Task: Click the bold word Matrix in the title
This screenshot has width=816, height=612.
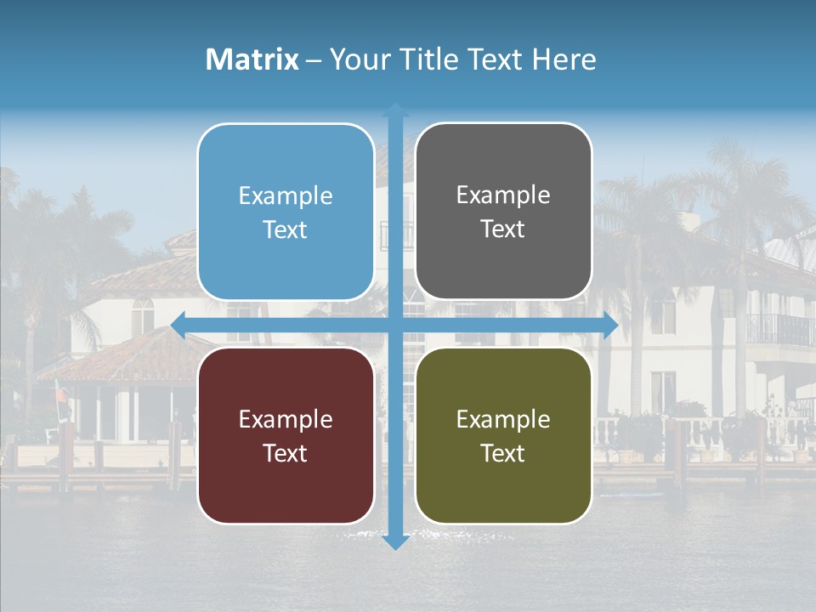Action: click(252, 59)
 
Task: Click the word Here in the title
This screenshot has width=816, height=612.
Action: click(564, 59)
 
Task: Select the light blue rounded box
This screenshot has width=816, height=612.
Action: click(286, 212)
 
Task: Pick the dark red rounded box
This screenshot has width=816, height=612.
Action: click(286, 435)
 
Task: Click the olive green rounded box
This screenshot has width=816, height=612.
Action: click(503, 435)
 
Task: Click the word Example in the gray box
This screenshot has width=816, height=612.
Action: click(503, 195)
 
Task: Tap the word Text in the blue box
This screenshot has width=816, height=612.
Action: click(286, 229)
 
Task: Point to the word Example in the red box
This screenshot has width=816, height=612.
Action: click(286, 419)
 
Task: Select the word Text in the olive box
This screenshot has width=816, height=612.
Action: click(503, 453)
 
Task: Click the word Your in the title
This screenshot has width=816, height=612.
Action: click(359, 59)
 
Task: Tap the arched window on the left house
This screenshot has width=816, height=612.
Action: click(143, 315)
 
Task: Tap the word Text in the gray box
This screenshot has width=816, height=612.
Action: click(503, 229)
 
